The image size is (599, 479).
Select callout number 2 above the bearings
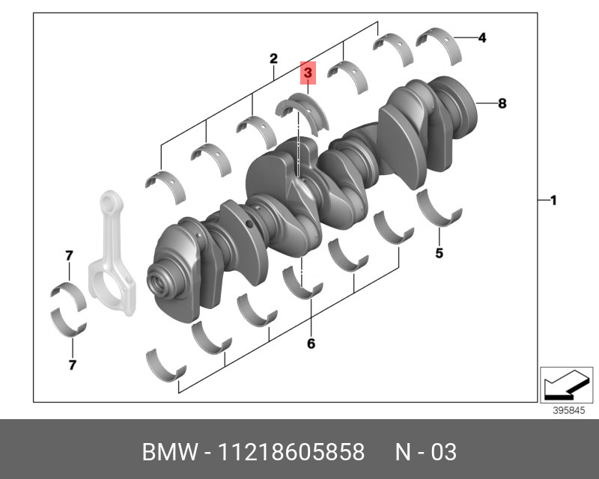tap(273, 58)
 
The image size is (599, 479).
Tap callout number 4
tap(482, 37)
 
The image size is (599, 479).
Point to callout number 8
tap(502, 104)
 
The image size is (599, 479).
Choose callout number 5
tap(439, 253)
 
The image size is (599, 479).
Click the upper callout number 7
tap(69, 256)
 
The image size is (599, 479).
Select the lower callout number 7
tap(72, 365)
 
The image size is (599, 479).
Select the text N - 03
tap(425, 452)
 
